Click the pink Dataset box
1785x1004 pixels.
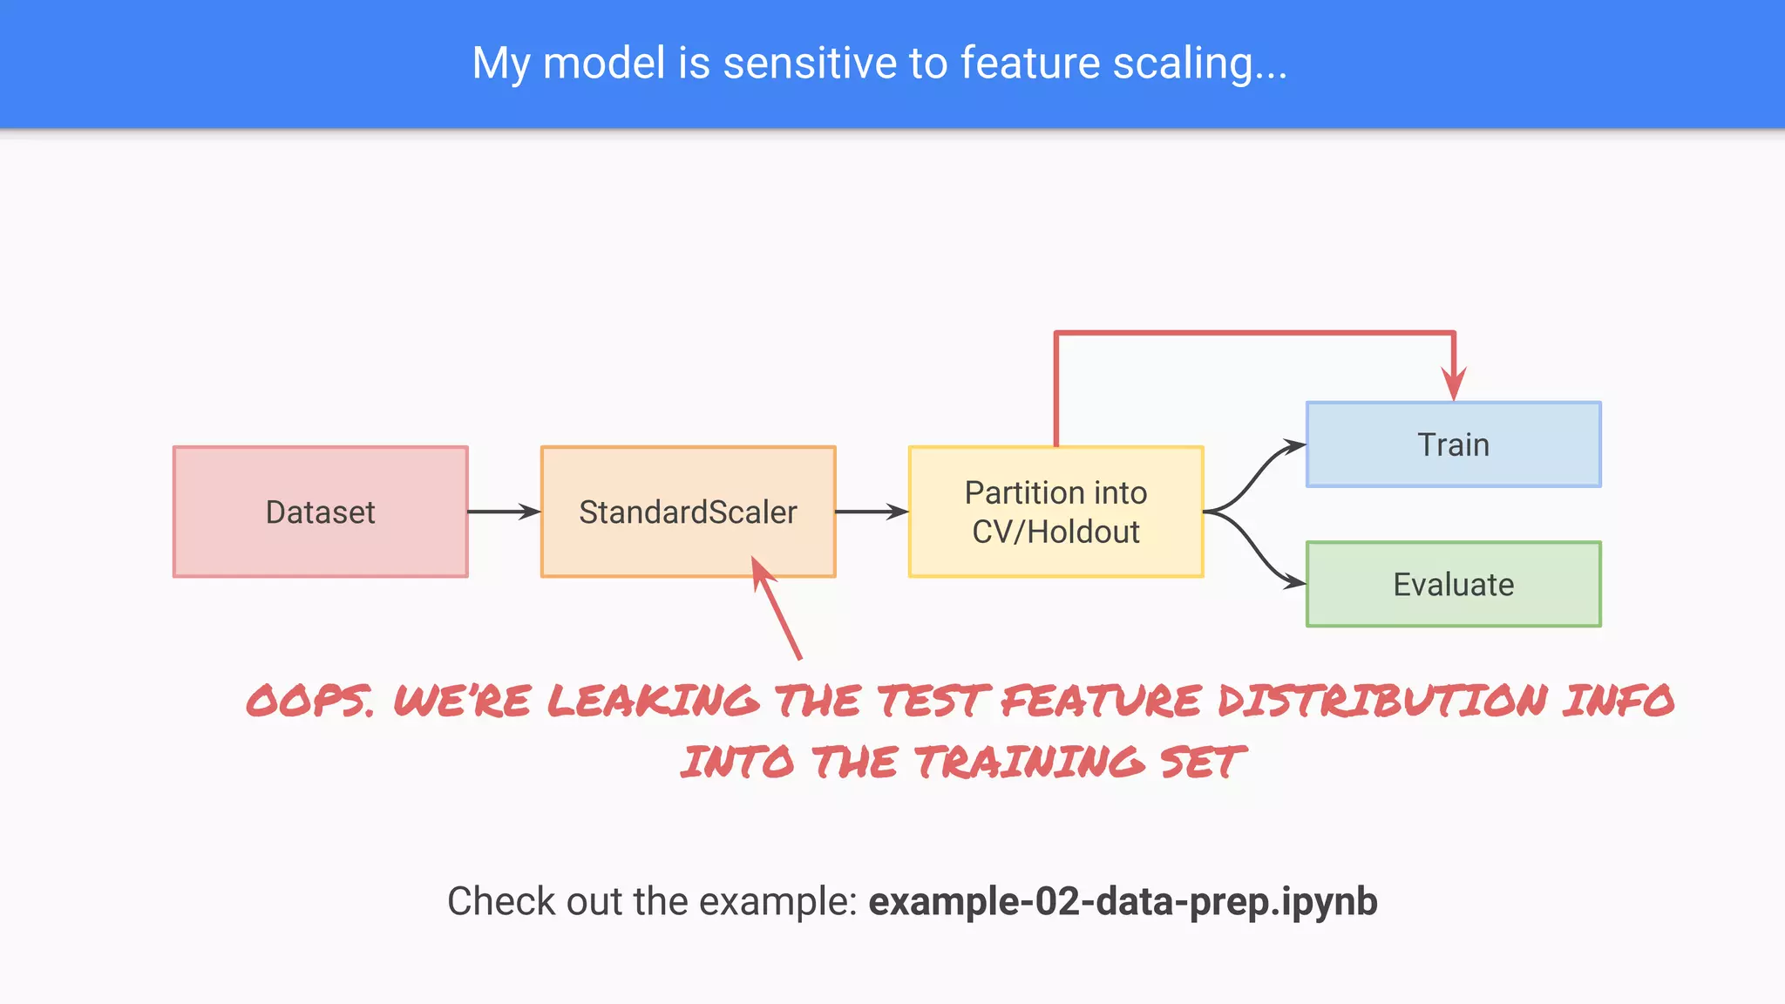coord(321,512)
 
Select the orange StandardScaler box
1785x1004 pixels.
coord(688,512)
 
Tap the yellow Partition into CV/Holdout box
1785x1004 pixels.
coord(1055,512)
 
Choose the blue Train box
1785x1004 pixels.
coord(1453,444)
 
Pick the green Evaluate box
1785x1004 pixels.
coord(1453,584)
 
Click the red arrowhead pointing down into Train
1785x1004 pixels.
coord(1453,383)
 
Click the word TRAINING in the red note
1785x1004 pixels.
coord(1028,763)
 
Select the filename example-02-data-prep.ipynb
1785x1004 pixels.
coord(1123,901)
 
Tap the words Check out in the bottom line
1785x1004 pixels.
coord(535,901)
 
